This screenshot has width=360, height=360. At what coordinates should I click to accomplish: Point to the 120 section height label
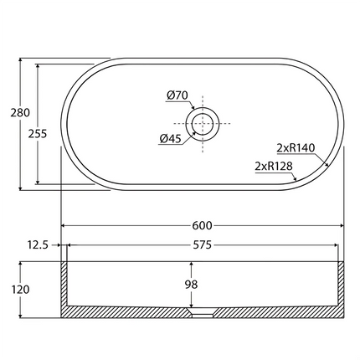(x=22, y=290)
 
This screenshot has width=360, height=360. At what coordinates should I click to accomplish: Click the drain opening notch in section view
(x=203, y=315)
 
